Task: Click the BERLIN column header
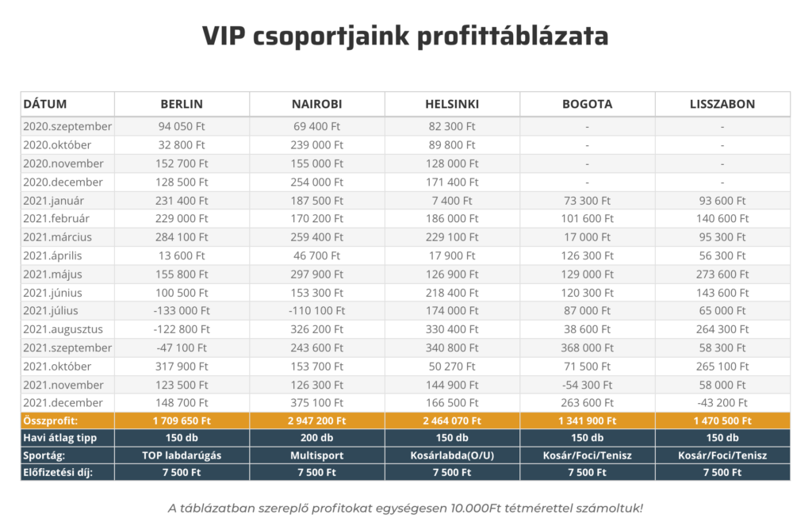182,104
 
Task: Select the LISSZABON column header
722,104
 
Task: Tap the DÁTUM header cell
45,104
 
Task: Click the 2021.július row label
52,310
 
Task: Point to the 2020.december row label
63,182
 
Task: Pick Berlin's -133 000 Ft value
182,310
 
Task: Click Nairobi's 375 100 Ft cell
316,402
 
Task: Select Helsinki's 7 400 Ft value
452,200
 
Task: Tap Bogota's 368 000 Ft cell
588,347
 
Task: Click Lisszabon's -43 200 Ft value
722,402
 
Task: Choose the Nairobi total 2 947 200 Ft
316,421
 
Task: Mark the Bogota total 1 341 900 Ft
588,421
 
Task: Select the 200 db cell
316,438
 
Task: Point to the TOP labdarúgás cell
182,455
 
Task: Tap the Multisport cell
316,455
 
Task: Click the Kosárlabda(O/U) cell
452,455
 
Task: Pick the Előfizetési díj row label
58,472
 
